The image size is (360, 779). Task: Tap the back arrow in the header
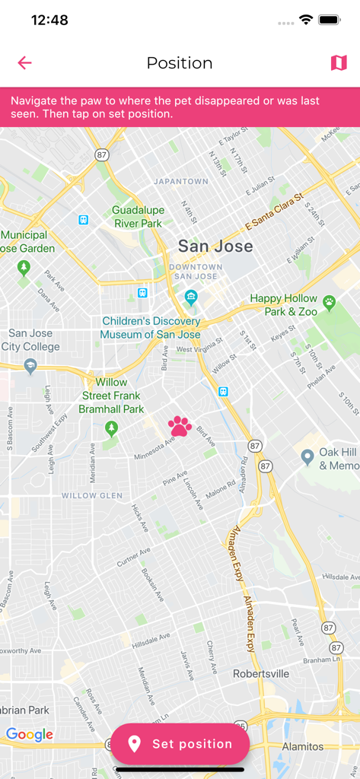[x=25, y=63]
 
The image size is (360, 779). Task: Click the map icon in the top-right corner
[x=339, y=63]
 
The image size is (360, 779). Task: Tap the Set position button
[x=180, y=744]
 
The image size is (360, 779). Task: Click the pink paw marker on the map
[x=180, y=426]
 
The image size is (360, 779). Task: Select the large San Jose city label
[x=215, y=246]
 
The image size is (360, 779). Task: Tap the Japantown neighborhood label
[x=180, y=182]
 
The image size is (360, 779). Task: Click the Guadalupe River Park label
[x=138, y=217]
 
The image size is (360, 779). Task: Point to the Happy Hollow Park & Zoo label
[x=283, y=305]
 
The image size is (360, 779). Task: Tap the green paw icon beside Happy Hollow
[x=329, y=302]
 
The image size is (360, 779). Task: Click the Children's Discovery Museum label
[x=151, y=328]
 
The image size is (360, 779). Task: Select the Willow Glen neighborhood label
[x=91, y=496]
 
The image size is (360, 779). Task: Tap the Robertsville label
[x=261, y=673]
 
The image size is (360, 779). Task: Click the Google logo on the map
[x=30, y=734]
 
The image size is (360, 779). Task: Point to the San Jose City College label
[x=30, y=340]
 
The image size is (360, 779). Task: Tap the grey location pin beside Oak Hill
[x=307, y=456]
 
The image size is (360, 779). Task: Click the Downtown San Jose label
[x=196, y=272]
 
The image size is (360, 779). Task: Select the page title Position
[x=180, y=63]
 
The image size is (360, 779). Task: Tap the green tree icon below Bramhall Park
[x=112, y=428]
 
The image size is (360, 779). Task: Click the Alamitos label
[x=302, y=746]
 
